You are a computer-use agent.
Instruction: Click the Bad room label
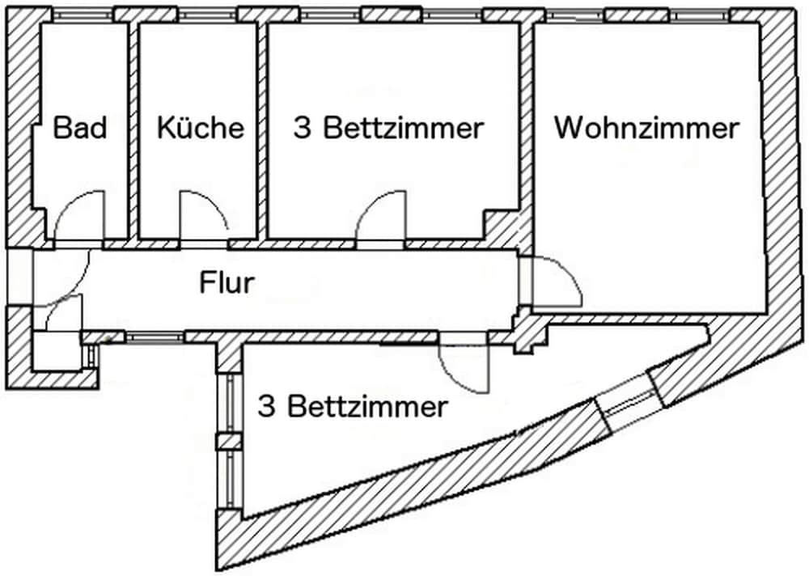pos(80,128)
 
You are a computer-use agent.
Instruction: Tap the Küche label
pos(200,128)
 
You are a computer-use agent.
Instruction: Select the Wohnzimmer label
pos(646,128)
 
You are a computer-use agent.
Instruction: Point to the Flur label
pos(227,283)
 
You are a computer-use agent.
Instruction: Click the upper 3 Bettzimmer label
pos(388,128)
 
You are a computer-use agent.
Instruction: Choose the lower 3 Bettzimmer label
pos(352,406)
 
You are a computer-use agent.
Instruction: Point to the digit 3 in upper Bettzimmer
pos(302,128)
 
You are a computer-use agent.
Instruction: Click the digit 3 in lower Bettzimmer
pos(265,406)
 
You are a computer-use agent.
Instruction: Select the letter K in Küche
pos(166,128)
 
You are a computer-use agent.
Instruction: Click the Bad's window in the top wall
pos(82,15)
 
